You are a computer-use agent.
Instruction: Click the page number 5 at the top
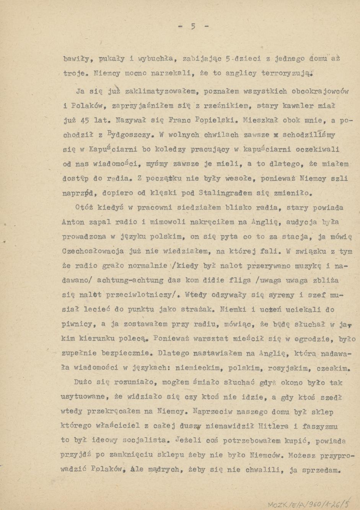[193, 26]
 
